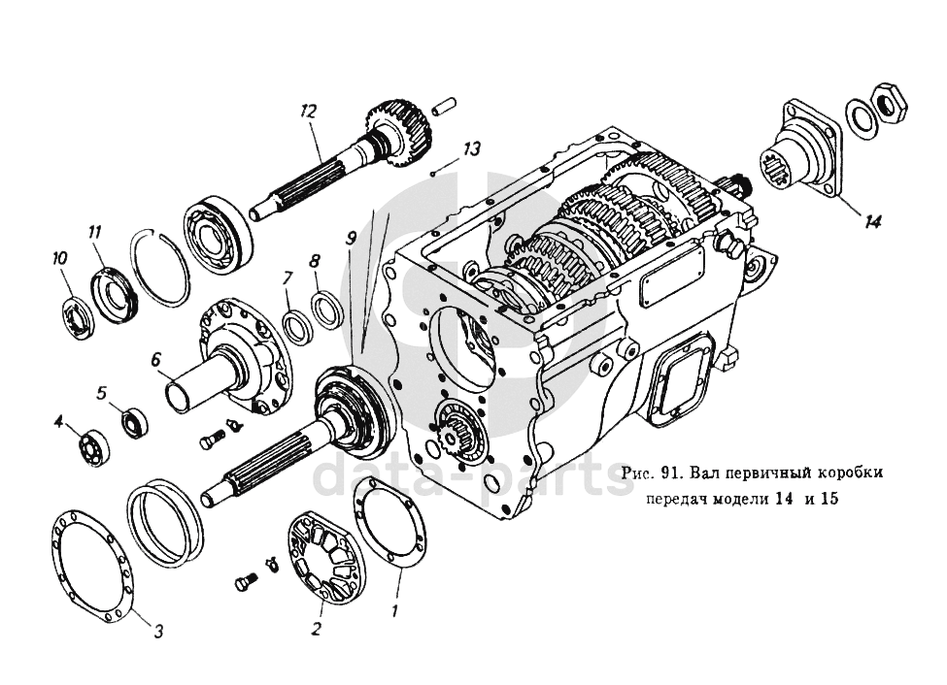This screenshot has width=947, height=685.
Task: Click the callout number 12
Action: [309, 111]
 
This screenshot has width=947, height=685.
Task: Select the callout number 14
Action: [872, 221]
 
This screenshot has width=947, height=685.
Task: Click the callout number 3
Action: [157, 629]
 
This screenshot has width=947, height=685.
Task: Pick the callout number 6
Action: [154, 359]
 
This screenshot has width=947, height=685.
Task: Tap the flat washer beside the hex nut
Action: [860, 117]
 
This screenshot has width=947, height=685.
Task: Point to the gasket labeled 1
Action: [389, 529]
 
